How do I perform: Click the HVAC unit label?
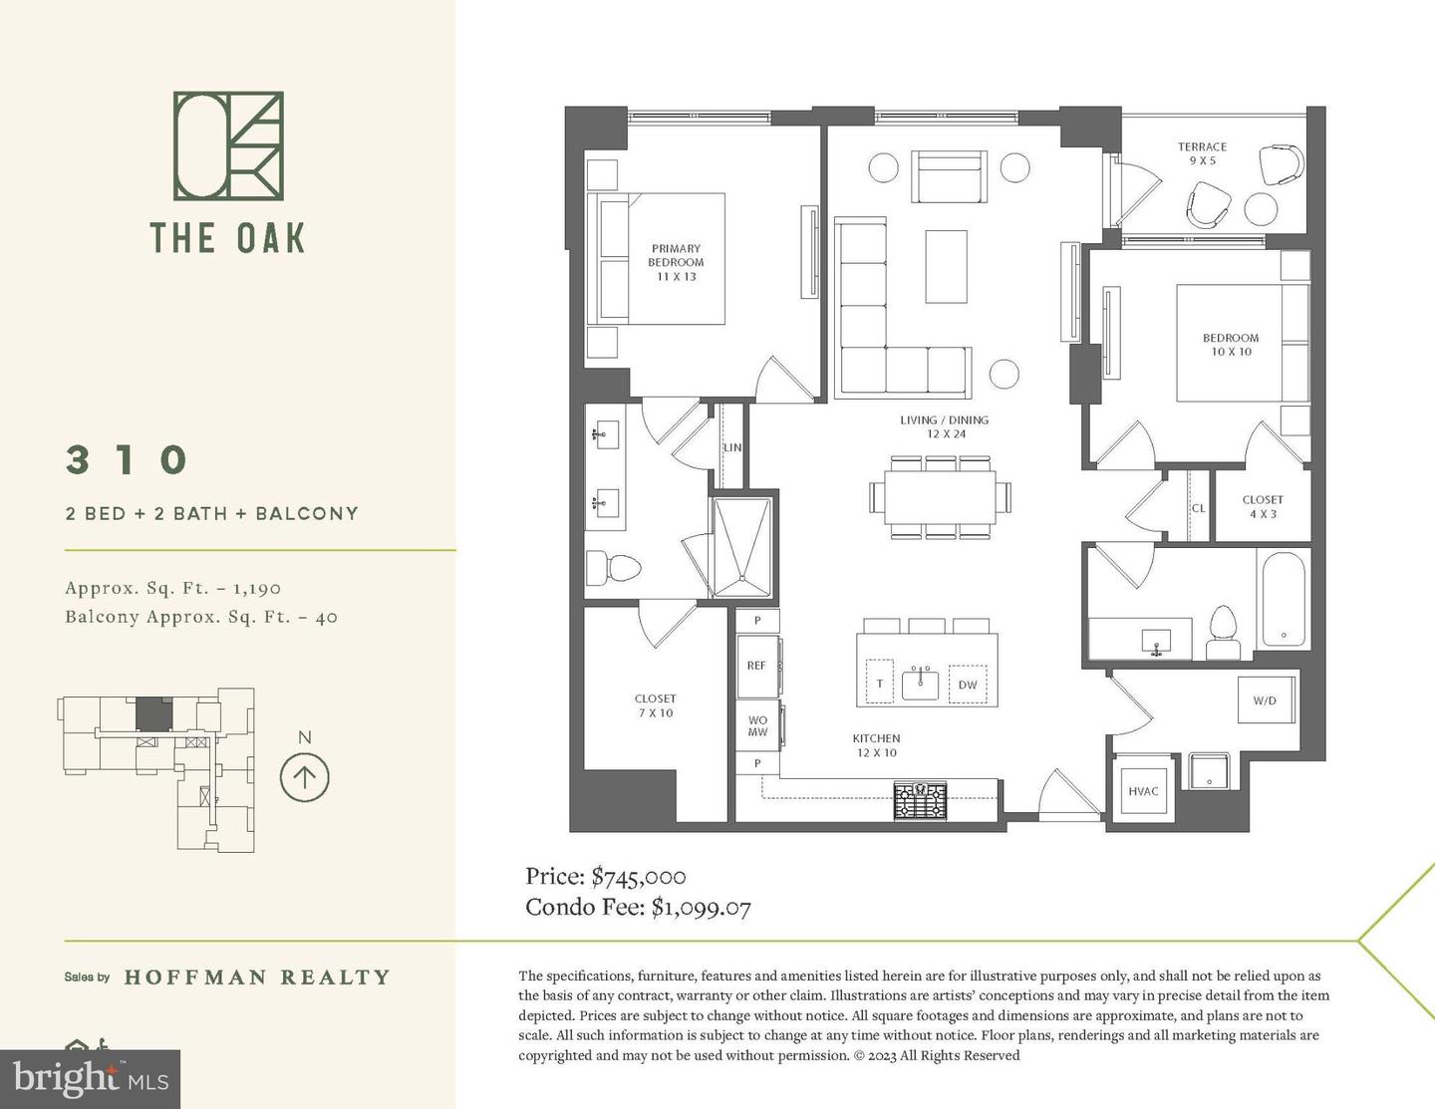tap(1143, 791)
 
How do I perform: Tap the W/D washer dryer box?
tap(1264, 700)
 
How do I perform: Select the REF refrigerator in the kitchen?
tap(756, 666)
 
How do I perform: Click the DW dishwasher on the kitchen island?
tap(968, 685)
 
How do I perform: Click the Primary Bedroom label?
tap(676, 262)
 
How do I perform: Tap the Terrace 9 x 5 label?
tap(1202, 153)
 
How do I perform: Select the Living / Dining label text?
tap(944, 426)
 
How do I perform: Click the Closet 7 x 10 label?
tap(655, 705)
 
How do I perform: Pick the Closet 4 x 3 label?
tap(1263, 506)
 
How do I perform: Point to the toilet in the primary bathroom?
tap(611, 569)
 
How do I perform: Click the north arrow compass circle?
tap(305, 777)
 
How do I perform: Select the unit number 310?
tap(128, 460)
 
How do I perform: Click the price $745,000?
tap(638, 877)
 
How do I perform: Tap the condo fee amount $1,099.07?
tap(701, 908)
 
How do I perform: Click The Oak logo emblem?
tap(228, 145)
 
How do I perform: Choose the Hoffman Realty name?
tap(257, 977)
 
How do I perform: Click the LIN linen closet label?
tap(732, 447)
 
